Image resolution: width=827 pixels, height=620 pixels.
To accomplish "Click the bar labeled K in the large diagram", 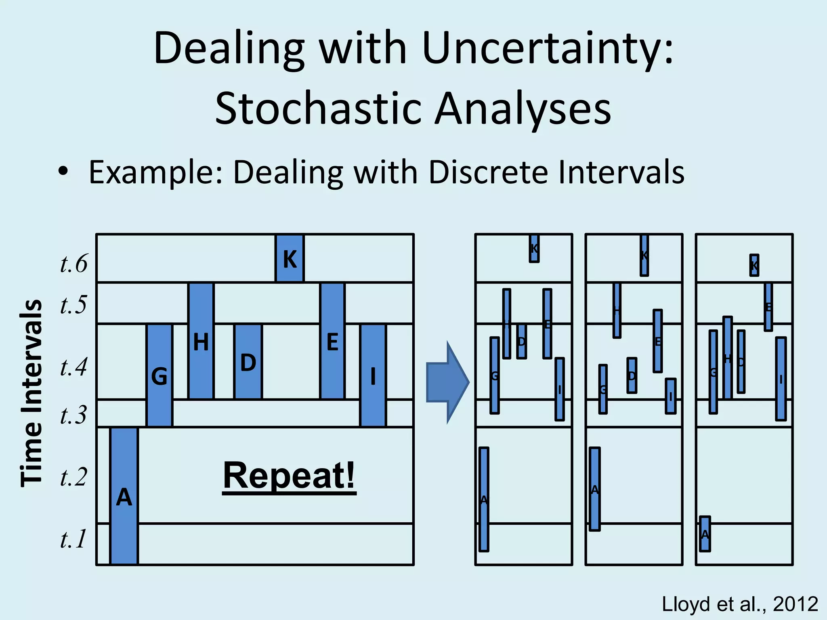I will coord(290,258).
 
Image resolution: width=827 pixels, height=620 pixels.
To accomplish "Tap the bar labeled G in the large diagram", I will coord(160,375).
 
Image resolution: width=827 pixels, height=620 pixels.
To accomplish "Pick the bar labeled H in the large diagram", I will coord(201,341).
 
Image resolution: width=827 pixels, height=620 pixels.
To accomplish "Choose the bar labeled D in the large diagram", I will coord(248,362).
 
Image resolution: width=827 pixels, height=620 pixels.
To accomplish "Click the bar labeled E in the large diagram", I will coord(332,341).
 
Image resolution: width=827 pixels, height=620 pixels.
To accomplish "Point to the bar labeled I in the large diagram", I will coord(373,375).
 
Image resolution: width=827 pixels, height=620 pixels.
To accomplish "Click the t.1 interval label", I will coord(73,539).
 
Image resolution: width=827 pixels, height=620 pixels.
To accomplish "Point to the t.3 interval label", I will coord(73,415).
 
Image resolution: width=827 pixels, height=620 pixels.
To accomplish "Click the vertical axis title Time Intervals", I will coord(31,393).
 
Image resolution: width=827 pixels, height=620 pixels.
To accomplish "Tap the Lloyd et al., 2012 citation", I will coord(740,604).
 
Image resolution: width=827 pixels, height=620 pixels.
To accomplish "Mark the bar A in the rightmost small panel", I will coord(705,534).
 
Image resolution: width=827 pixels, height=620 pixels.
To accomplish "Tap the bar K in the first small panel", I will coord(534,249).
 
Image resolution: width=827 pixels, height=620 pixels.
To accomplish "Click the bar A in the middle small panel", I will coord(594,489).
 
